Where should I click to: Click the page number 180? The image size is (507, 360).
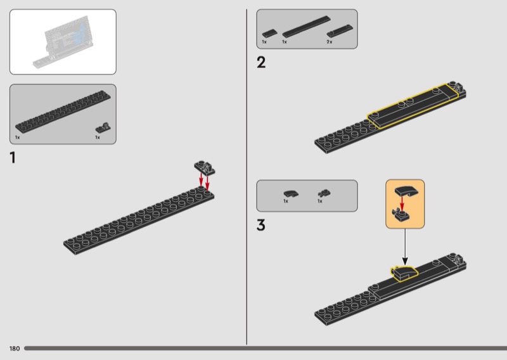(x=15, y=349)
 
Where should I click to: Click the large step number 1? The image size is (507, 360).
(x=13, y=158)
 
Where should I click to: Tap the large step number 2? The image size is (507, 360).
(x=261, y=62)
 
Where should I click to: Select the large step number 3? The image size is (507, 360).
(x=261, y=225)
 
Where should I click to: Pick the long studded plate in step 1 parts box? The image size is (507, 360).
(x=63, y=112)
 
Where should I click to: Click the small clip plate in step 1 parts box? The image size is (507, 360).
(x=103, y=128)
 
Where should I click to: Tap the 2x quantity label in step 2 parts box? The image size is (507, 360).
(x=330, y=42)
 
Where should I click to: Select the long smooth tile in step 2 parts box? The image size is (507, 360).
(x=307, y=27)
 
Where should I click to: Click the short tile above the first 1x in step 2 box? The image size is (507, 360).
(x=270, y=34)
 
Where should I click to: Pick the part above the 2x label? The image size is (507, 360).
(x=340, y=31)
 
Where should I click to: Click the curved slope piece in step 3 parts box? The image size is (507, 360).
(x=291, y=193)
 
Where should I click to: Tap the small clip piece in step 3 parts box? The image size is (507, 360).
(x=324, y=193)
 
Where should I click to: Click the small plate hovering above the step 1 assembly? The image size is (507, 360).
(x=205, y=168)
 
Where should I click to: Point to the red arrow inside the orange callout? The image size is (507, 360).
(x=402, y=203)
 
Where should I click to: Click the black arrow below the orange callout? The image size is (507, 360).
(x=405, y=247)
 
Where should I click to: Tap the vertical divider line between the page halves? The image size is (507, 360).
(x=247, y=177)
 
